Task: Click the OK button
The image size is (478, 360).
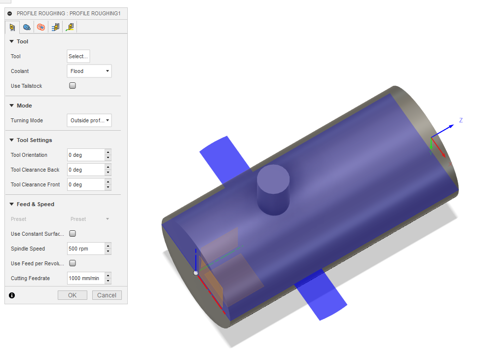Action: [72, 295]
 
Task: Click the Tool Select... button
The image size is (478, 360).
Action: [78, 56]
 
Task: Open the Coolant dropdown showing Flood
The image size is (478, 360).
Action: [89, 71]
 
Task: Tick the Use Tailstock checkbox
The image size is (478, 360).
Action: [73, 86]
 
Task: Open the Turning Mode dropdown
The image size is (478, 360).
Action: [89, 120]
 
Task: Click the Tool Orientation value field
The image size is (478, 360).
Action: [86, 155]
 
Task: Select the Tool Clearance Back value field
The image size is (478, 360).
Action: [86, 170]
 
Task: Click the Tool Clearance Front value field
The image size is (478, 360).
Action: [86, 184]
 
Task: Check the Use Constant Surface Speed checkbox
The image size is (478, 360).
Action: [73, 234]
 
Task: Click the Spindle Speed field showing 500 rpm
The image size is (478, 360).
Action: [86, 249]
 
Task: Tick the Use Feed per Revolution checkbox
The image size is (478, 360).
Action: [73, 263]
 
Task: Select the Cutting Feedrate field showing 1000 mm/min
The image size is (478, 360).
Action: [86, 278]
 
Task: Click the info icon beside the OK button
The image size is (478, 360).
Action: [12, 295]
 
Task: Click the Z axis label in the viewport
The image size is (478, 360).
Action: [461, 120]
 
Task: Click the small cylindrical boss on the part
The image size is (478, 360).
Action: [273, 190]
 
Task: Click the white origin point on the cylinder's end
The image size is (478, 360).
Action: [196, 273]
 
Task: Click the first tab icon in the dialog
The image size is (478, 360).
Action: [12, 27]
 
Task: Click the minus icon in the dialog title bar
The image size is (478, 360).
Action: [10, 13]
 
